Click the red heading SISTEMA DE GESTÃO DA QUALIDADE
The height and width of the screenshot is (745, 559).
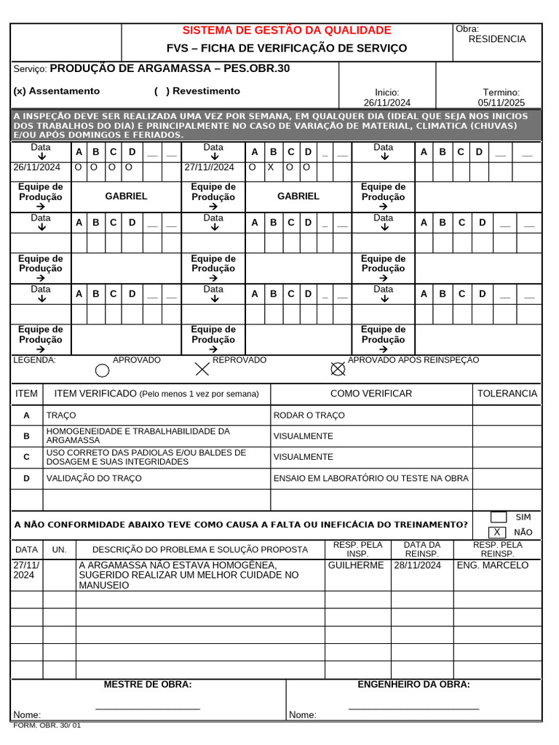coord(286,30)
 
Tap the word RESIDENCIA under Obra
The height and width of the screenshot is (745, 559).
coord(496,39)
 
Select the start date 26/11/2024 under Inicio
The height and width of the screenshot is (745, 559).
coord(386,103)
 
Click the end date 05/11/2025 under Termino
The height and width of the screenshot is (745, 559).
coord(501,103)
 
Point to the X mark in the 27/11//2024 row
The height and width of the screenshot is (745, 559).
coord(270,167)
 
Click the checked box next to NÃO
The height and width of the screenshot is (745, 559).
coord(497,532)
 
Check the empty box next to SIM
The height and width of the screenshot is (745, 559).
coord(498,517)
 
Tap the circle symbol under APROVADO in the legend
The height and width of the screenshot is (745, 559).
coord(103,370)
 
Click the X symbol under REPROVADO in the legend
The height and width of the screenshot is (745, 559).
coord(202,370)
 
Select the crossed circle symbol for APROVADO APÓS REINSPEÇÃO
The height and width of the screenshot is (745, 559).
coord(338,369)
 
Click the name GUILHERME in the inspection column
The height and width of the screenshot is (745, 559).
coord(356,565)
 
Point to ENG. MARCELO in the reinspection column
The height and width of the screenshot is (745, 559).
coord(492,565)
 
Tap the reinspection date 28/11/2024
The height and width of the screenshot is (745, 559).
coord(417,565)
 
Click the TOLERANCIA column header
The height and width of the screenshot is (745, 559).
coord(507,394)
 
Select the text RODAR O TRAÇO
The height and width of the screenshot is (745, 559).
coord(309,415)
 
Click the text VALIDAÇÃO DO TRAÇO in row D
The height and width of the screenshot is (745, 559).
coord(94,478)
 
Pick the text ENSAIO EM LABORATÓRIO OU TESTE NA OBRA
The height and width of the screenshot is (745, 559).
coord(370,478)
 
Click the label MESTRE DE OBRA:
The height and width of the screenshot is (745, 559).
coord(148,685)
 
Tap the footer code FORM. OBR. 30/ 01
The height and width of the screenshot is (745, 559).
coord(47,725)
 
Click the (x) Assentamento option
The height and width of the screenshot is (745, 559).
coord(57,91)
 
